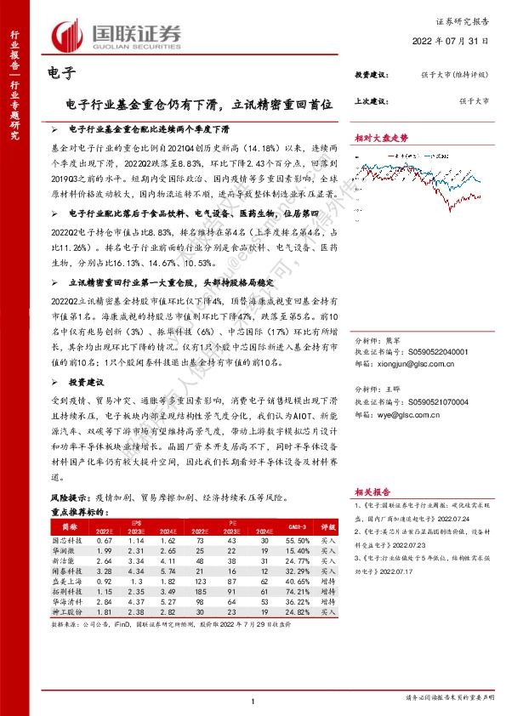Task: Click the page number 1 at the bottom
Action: pos(253,700)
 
